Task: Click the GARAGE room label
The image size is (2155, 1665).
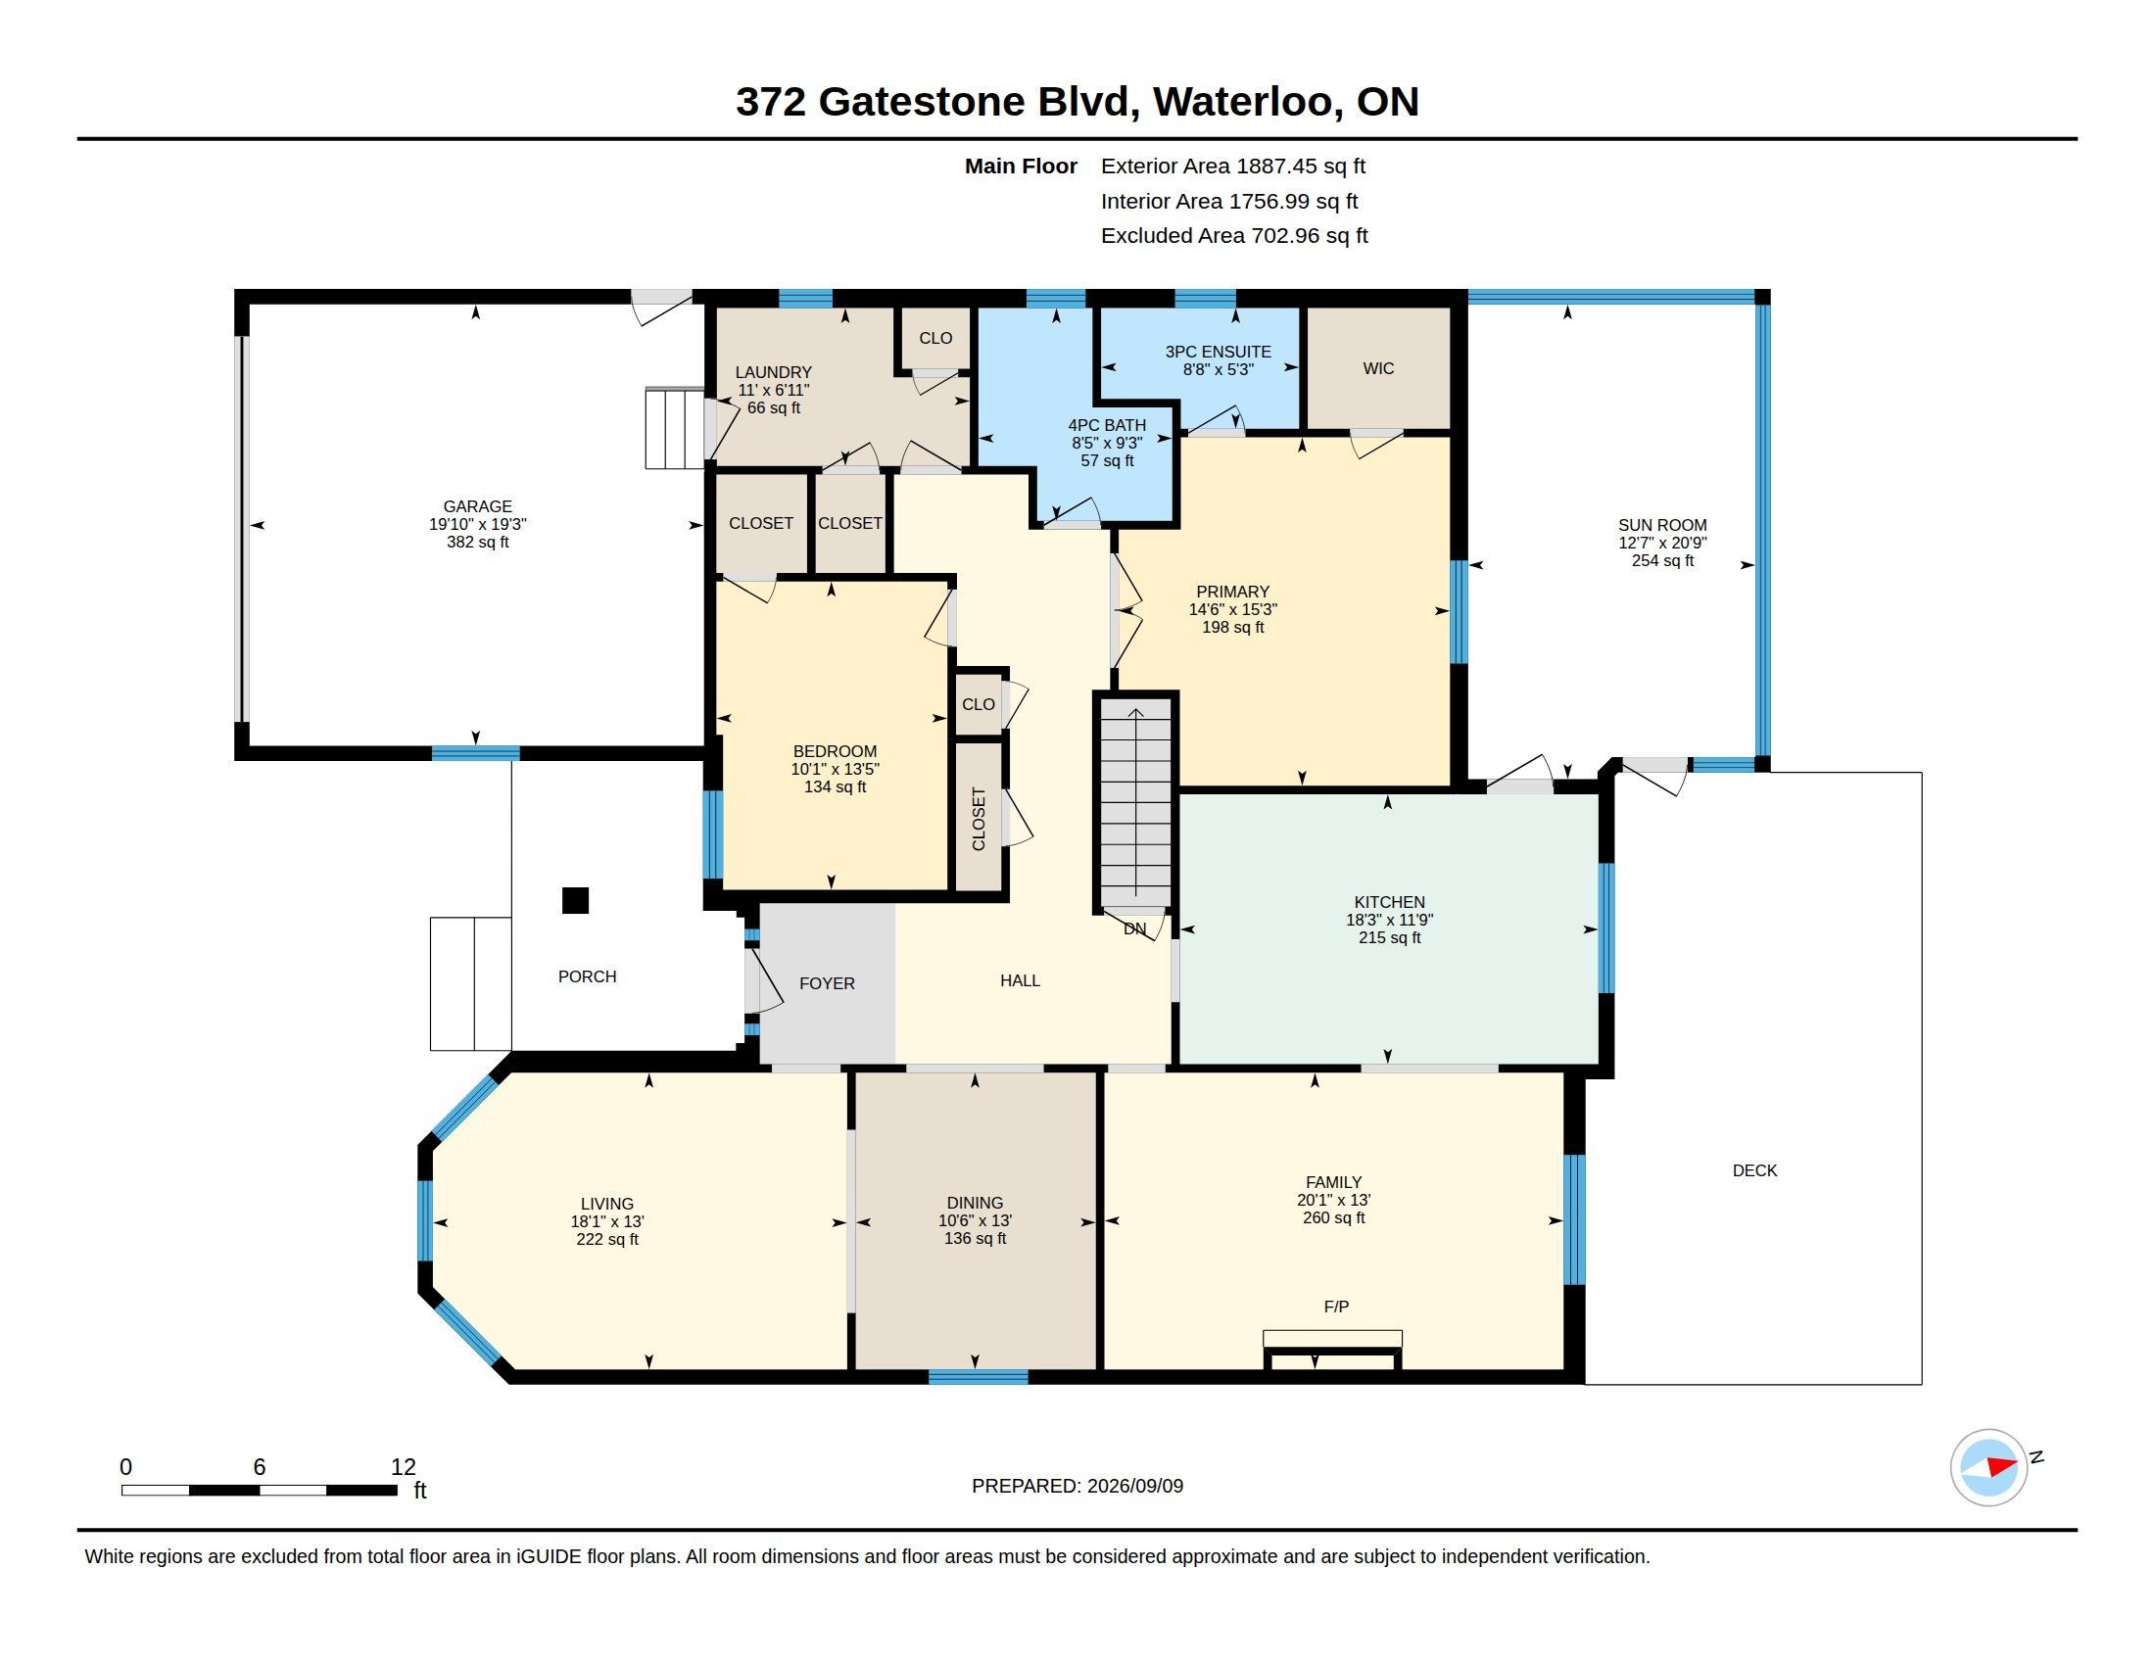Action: (478, 506)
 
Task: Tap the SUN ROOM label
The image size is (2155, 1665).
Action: (1661, 525)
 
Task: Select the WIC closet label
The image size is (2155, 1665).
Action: (1378, 368)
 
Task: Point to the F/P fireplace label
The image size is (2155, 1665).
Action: (1336, 1306)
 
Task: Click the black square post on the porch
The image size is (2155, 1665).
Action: (575, 900)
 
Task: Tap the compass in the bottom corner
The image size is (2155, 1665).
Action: (1989, 1467)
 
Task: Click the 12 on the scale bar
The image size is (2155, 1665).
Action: (404, 1466)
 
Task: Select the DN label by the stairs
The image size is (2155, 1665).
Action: (1134, 928)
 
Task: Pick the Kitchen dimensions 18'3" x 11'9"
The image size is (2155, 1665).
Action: (1389, 920)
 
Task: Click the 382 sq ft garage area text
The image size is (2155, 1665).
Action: (478, 542)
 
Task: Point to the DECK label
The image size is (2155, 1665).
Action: (1754, 1169)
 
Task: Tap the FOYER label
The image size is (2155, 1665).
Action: (827, 982)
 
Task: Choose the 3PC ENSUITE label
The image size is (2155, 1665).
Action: (1218, 352)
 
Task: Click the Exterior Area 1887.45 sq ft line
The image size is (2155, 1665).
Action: (1233, 166)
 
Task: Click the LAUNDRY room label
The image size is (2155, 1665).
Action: (774, 372)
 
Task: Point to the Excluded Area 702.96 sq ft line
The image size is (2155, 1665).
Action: (1234, 235)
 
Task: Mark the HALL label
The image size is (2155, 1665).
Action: (1021, 979)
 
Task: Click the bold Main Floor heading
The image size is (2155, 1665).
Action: (1022, 166)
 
